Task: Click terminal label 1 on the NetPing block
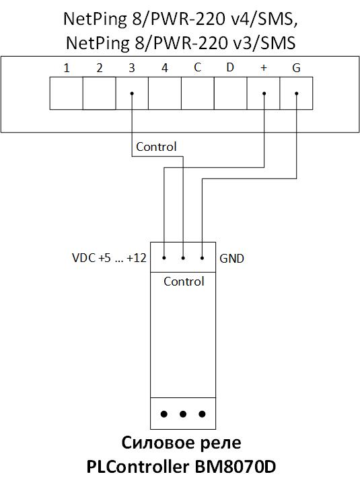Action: [66, 67]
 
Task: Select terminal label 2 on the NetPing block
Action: [100, 67]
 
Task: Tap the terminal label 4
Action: [165, 67]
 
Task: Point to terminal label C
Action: [197, 67]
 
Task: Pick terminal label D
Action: [230, 67]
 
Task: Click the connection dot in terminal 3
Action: [132, 93]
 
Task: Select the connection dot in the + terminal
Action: [264, 93]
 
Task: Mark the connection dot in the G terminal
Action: [297, 93]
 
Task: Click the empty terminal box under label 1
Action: [67, 93]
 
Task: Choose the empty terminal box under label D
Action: [230, 93]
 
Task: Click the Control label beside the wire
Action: [156, 147]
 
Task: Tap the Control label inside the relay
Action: [184, 282]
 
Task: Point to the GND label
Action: [232, 259]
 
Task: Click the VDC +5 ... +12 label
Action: [109, 258]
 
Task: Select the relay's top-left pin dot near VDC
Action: [164, 258]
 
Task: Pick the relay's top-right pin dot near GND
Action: [203, 258]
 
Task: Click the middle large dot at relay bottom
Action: [183, 414]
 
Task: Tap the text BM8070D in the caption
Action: [236, 467]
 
